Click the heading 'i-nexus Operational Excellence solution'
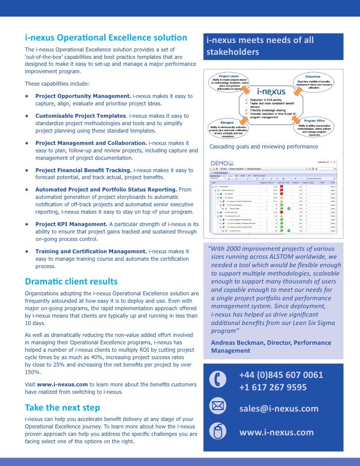point(106,38)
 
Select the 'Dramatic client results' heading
point(71,281)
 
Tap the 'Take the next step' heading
point(62,408)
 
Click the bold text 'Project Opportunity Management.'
point(83,96)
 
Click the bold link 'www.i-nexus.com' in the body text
point(62,384)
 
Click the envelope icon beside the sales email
point(218,407)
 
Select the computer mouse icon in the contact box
point(218,432)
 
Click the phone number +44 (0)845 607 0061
point(281,374)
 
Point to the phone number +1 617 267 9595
point(273,387)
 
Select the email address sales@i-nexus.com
point(279,408)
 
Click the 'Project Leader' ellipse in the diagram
point(228,82)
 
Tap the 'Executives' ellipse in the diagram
point(313,81)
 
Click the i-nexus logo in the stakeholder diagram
point(271,92)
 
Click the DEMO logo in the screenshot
point(222,163)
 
